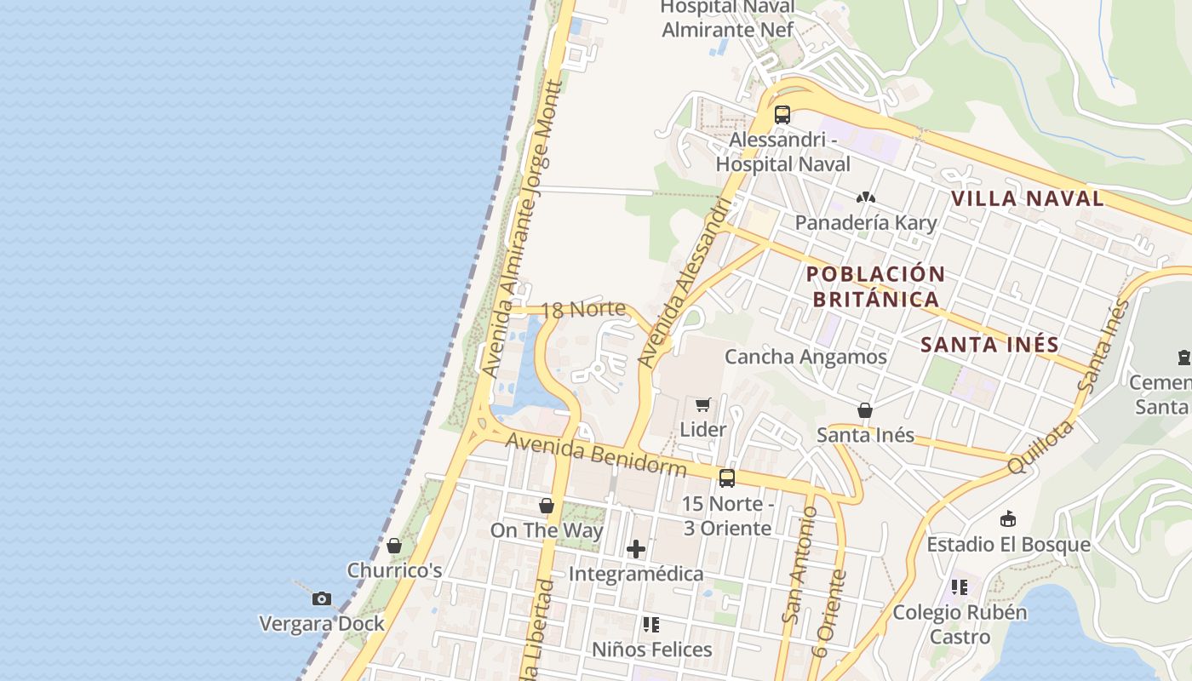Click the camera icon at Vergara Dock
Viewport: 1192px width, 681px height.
point(322,598)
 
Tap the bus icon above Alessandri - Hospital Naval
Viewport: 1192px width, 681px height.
point(782,114)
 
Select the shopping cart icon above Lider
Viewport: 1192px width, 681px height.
point(702,404)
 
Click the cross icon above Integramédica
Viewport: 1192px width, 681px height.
point(636,549)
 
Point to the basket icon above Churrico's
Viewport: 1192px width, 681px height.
point(394,546)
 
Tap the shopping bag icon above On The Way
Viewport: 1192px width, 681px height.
point(547,506)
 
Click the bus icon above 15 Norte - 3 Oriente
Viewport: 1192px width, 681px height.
point(727,478)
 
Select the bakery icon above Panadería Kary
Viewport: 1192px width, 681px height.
point(866,197)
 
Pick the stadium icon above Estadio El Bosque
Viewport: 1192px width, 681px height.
point(1008,518)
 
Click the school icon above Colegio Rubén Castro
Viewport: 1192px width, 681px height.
point(960,587)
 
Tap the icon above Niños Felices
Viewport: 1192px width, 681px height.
point(651,625)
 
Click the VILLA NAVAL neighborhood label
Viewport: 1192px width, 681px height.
point(1027,199)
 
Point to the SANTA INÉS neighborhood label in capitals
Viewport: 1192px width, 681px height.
point(990,345)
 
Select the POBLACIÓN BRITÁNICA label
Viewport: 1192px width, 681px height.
point(875,287)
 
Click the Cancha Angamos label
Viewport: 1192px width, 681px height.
point(805,357)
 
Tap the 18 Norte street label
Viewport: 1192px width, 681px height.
point(583,309)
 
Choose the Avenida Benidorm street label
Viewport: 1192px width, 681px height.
point(596,455)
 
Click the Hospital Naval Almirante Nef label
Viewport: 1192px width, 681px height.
point(727,19)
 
